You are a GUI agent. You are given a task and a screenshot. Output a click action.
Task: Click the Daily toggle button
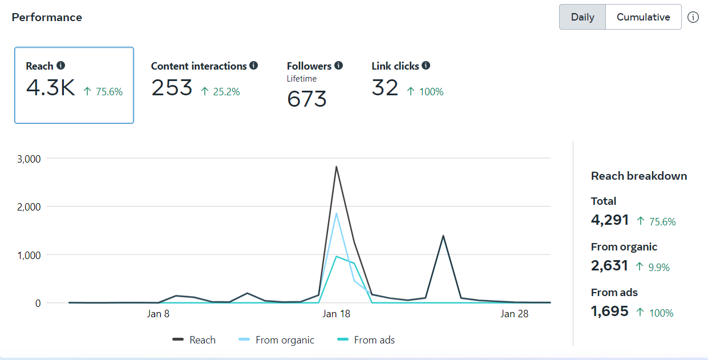[582, 17]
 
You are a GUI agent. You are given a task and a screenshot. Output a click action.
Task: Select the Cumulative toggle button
[643, 17]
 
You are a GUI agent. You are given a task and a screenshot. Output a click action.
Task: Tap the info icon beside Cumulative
[693, 17]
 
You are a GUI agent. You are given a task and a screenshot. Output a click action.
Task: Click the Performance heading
[47, 17]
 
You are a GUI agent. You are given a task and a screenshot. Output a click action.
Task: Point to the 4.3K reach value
[50, 88]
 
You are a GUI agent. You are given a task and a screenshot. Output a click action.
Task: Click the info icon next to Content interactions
[253, 66]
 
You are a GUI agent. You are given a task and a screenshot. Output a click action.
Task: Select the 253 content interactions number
[172, 88]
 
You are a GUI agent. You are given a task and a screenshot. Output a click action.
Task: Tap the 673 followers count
[307, 99]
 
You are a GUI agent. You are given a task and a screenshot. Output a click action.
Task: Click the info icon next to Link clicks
[426, 66]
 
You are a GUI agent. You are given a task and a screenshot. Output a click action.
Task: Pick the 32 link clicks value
[385, 88]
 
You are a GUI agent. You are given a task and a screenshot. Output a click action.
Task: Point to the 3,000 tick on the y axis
[29, 159]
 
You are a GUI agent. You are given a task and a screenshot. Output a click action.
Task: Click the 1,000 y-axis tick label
[29, 255]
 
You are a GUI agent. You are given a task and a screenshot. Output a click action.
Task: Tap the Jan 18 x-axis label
[337, 314]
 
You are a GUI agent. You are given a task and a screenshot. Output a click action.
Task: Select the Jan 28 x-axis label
[515, 314]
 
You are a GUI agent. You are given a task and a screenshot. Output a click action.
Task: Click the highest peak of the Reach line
[336, 167]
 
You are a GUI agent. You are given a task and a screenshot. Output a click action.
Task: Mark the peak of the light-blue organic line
[337, 213]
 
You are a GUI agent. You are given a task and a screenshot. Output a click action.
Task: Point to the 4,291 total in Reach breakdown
[610, 220]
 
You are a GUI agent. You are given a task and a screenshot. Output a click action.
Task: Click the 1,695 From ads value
[610, 312]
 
